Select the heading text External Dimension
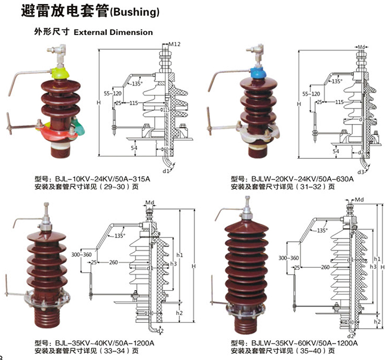[113, 32]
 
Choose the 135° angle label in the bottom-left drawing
[119, 236]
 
